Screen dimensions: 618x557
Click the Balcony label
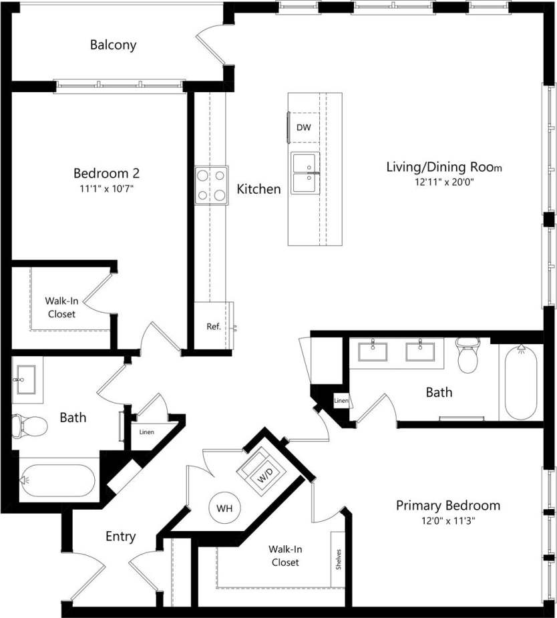tap(114, 45)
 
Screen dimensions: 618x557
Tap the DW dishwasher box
tap(303, 128)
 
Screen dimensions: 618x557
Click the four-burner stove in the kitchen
tap(211, 185)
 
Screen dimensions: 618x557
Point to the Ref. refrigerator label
tap(213, 327)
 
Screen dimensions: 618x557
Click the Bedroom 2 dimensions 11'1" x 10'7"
tap(107, 189)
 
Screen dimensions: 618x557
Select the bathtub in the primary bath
tap(521, 382)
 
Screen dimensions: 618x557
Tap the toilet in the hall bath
tap(29, 425)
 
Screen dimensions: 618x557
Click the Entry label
tap(121, 536)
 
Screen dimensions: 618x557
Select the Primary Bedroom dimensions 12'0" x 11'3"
tap(447, 520)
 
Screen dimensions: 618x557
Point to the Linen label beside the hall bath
tap(146, 432)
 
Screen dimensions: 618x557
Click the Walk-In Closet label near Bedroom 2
tap(60, 307)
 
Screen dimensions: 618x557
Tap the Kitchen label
tap(258, 190)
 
